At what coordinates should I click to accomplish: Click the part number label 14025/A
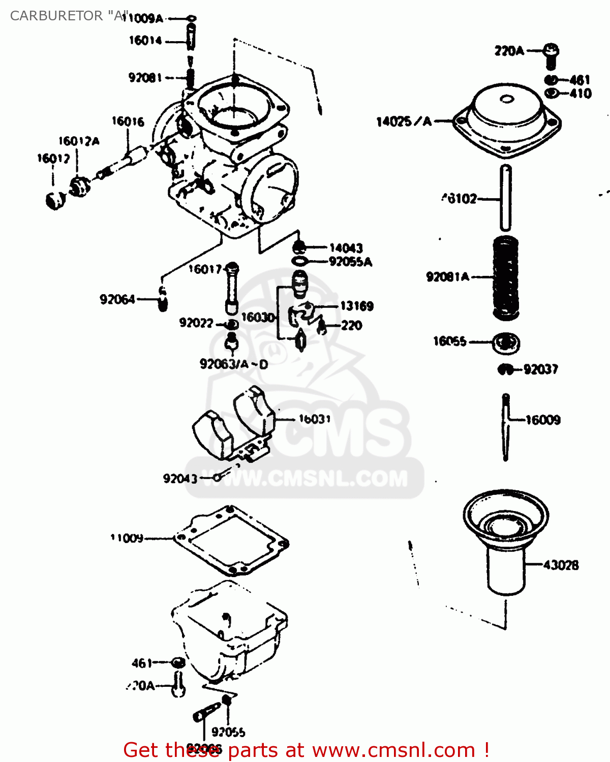point(404,121)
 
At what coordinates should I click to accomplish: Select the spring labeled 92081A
point(506,277)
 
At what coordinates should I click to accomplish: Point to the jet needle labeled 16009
point(506,427)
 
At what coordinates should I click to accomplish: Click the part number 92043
point(180,479)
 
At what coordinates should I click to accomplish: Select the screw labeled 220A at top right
point(551,55)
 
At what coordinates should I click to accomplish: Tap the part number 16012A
point(79,141)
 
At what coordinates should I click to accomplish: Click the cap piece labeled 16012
point(55,200)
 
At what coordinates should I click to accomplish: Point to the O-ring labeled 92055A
point(300,262)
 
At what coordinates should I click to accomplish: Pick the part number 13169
point(357,306)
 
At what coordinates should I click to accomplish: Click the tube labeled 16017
point(232,290)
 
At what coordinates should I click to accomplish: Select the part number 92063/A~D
point(234,364)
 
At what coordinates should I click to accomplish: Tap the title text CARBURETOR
point(56,16)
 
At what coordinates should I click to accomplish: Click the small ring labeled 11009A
point(191,19)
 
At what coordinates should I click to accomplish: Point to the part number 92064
point(117,300)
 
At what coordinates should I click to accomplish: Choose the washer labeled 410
point(552,93)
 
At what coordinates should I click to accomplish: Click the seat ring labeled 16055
point(506,343)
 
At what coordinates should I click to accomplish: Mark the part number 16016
point(128,121)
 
